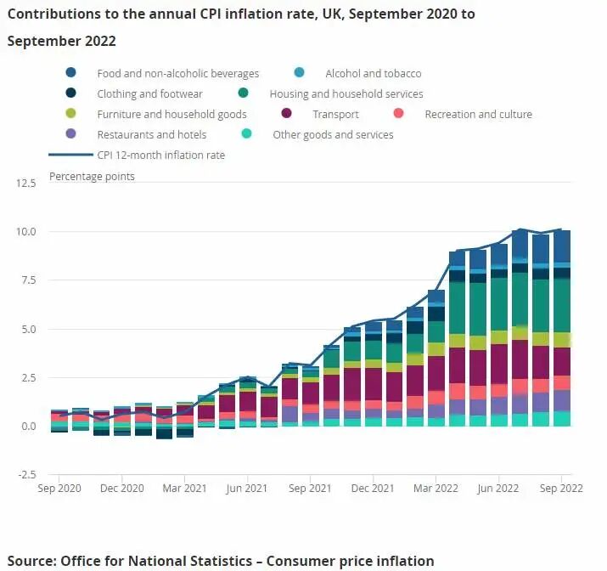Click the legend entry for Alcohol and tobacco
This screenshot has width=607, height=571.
(374, 74)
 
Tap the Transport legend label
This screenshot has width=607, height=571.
(335, 115)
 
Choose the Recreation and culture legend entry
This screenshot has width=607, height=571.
(478, 115)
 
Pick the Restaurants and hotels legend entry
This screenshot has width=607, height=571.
(151, 135)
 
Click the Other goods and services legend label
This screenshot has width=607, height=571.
(333, 135)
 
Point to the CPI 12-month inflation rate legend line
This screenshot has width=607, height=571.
(70, 155)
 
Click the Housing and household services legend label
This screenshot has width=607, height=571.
(346, 94)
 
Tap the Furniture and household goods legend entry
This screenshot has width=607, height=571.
(171, 115)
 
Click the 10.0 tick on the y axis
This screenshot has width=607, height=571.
(25, 231)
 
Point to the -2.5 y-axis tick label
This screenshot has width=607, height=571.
(25, 474)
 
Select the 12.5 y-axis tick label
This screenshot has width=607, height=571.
(25, 183)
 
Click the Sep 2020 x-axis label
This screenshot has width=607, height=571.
(60, 489)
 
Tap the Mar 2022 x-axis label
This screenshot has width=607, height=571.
(436, 489)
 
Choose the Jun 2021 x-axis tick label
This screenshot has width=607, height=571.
(247, 489)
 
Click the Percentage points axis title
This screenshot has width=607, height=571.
(92, 177)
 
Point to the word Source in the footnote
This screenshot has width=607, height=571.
(31, 561)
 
